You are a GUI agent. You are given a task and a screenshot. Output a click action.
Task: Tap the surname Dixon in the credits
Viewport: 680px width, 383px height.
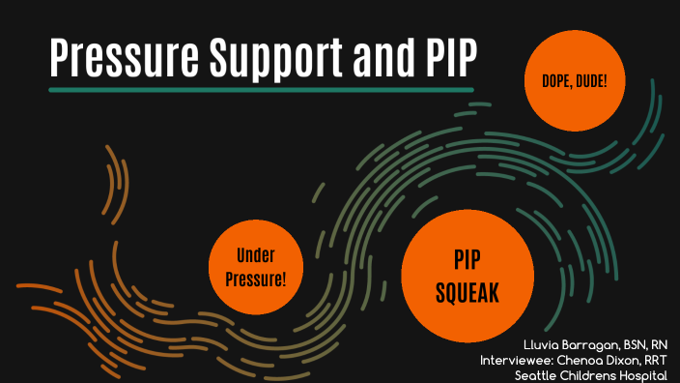click(x=629, y=360)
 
